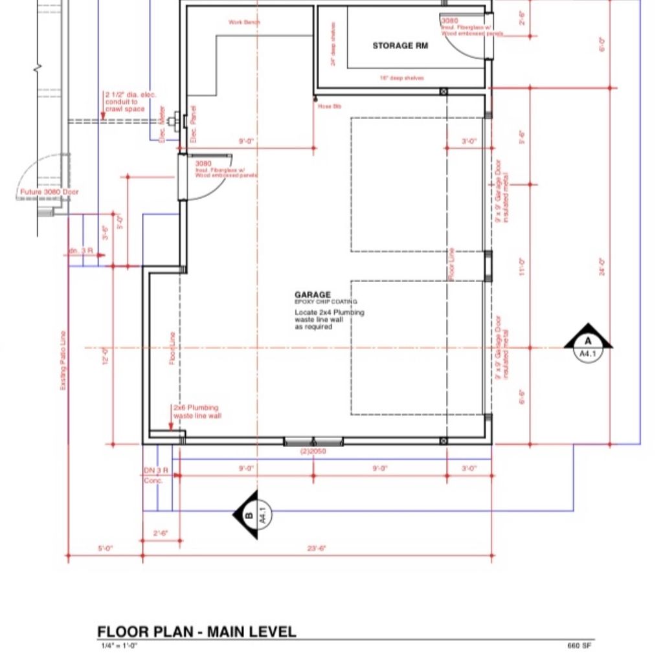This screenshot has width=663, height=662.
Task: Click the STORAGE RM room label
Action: tap(399, 46)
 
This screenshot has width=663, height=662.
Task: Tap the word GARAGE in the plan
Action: tap(313, 294)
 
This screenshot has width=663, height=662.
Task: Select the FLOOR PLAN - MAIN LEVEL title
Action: tap(197, 632)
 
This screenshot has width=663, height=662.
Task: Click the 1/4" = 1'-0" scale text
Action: tap(119, 646)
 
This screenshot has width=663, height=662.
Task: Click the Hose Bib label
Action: tap(329, 105)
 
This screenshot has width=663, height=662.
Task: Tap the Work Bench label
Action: tap(245, 22)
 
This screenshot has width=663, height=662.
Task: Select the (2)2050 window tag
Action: tap(313, 451)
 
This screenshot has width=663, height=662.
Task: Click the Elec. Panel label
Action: tap(193, 124)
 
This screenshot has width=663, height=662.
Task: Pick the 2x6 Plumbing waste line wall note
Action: tap(197, 412)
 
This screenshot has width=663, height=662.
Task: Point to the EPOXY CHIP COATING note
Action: tap(326, 302)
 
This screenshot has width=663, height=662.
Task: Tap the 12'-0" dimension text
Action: tap(105, 356)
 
